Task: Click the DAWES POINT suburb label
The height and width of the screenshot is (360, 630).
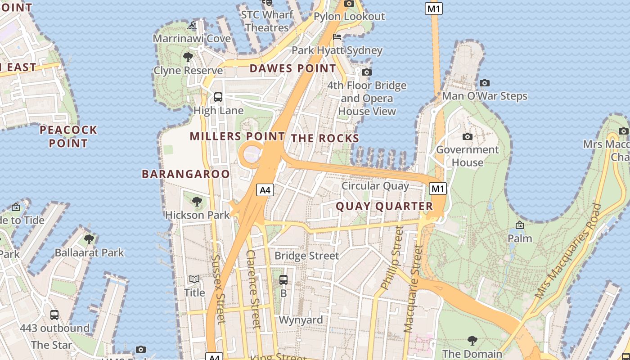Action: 292,68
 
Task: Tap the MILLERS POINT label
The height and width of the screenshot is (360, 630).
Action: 237,136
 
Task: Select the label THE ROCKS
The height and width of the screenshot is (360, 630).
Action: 325,138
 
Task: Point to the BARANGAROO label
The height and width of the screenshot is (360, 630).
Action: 186,174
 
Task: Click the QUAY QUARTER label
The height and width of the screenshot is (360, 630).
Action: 384,206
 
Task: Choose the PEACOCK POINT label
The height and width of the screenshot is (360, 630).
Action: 68,136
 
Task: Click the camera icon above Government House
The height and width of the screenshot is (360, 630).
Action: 467,136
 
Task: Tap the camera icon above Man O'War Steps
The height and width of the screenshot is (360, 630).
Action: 484,83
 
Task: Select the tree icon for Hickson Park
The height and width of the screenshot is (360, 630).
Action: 197,202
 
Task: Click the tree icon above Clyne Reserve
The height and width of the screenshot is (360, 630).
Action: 188,57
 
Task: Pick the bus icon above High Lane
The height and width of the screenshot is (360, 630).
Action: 218,97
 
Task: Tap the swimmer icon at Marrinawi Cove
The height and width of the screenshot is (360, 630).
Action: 192,25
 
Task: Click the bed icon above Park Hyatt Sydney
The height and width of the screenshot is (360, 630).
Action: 337,37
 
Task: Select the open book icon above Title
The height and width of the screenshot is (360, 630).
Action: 194,279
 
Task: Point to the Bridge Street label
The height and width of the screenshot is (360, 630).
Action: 306,256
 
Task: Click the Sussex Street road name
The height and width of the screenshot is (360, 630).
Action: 218,289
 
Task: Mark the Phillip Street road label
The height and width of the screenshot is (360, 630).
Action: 391,258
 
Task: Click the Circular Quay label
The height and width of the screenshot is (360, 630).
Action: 375,186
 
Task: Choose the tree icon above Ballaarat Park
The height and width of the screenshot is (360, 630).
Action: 89,239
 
